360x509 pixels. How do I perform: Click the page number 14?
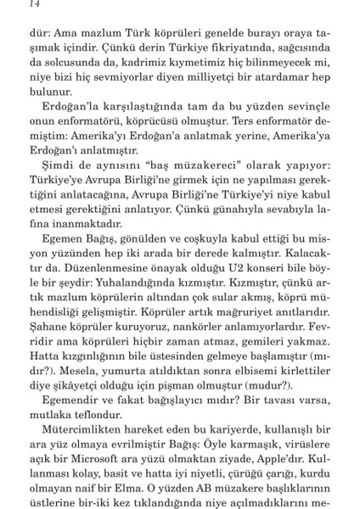[x=11, y=8]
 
